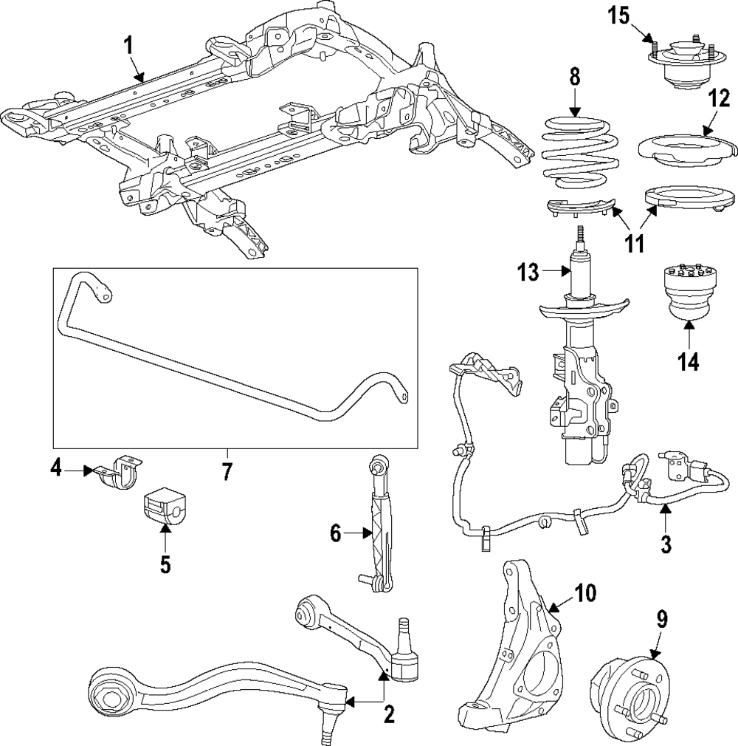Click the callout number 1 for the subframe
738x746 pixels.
pos(128,47)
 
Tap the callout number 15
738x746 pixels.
pos(621,16)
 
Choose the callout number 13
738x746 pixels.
pos(528,272)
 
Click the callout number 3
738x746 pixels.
pos(666,544)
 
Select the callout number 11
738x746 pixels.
pos(635,243)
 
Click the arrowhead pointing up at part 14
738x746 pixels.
pos(689,326)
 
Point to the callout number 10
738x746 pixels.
pos(585,593)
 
